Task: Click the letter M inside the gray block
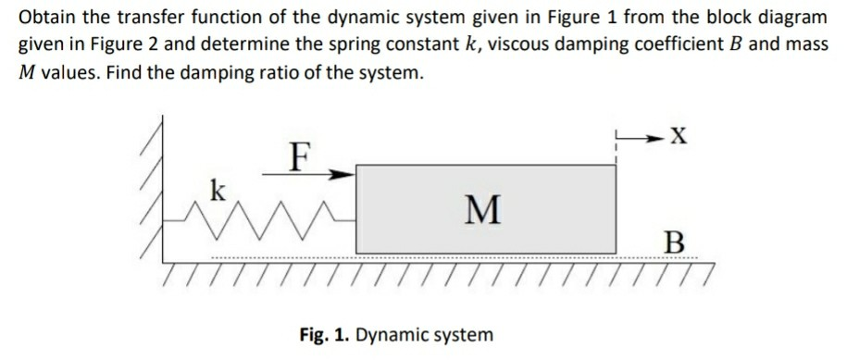coord(484,210)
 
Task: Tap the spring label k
coord(218,192)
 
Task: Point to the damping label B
coord(676,244)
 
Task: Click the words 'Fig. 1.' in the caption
coord(324,334)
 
